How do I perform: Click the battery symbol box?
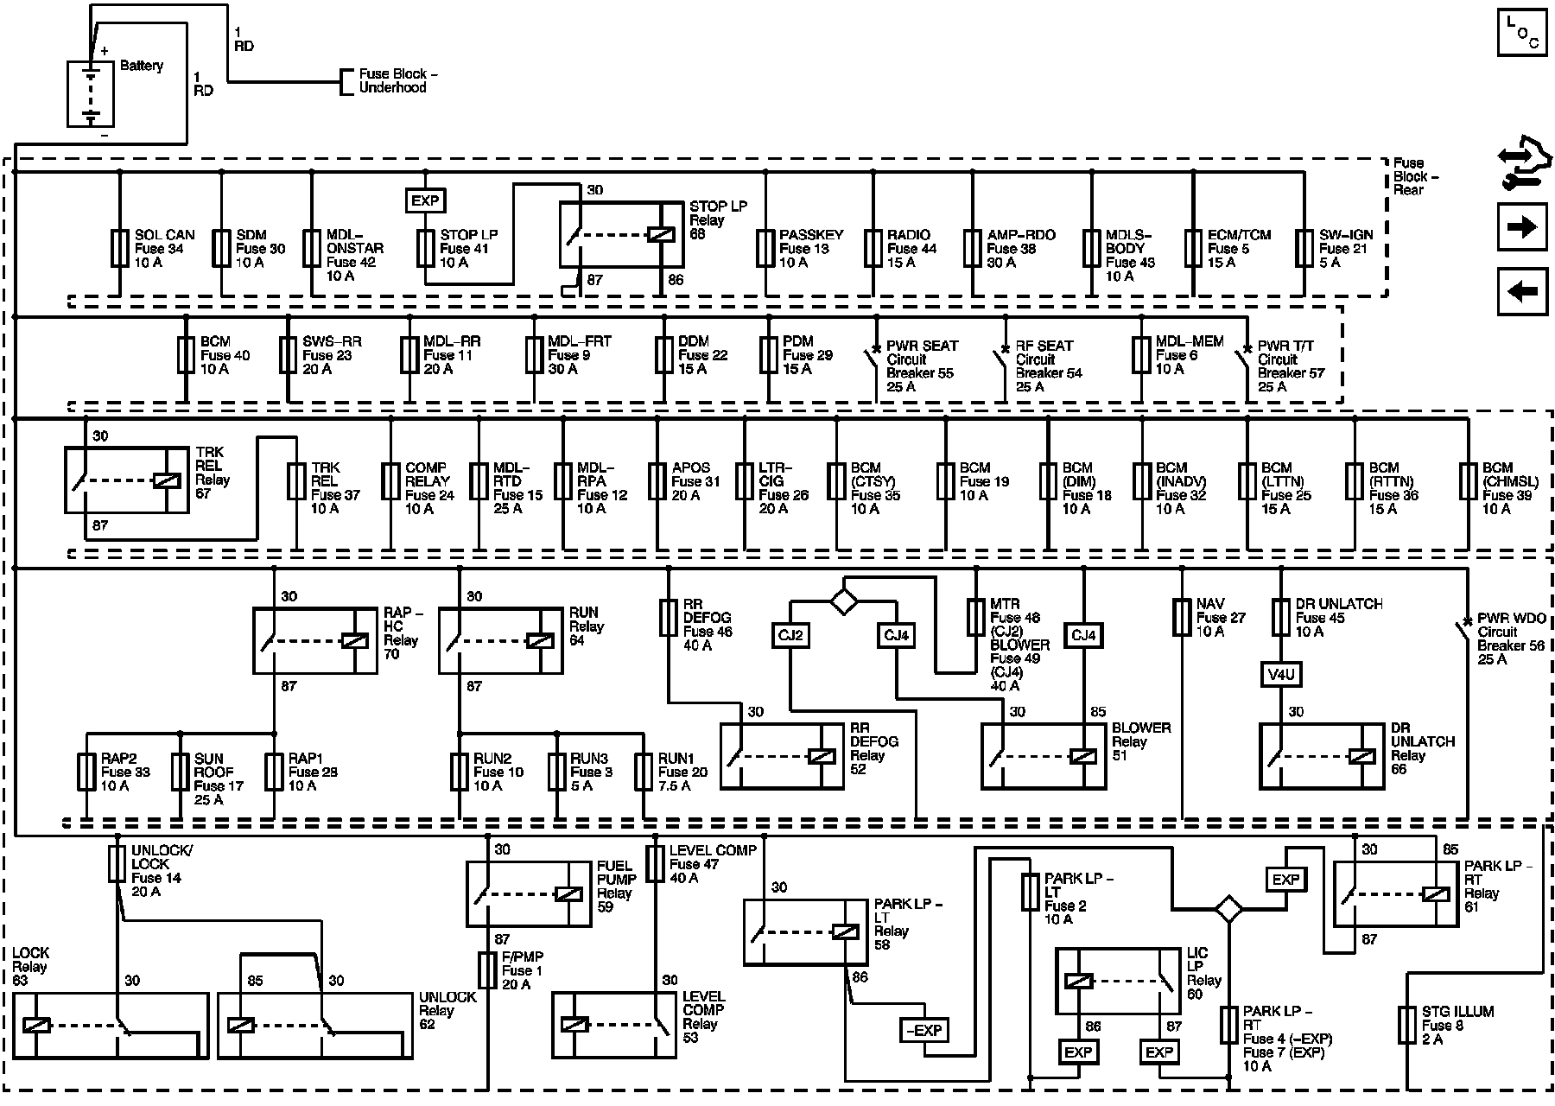(91, 94)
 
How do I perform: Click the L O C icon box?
(1522, 33)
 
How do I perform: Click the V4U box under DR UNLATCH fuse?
(1281, 674)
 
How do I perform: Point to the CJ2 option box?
(790, 636)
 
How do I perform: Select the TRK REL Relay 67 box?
(126, 480)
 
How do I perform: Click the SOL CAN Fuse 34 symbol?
(119, 248)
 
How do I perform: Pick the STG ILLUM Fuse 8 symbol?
(1406, 1025)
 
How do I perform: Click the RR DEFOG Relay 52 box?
(782, 756)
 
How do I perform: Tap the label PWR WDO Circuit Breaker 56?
(1510, 639)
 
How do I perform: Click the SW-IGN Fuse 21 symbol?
(1304, 248)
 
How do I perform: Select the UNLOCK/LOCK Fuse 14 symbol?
(117, 863)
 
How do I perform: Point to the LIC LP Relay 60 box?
(1118, 981)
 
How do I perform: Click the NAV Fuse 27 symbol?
(1182, 618)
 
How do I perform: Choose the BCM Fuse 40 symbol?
(186, 355)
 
